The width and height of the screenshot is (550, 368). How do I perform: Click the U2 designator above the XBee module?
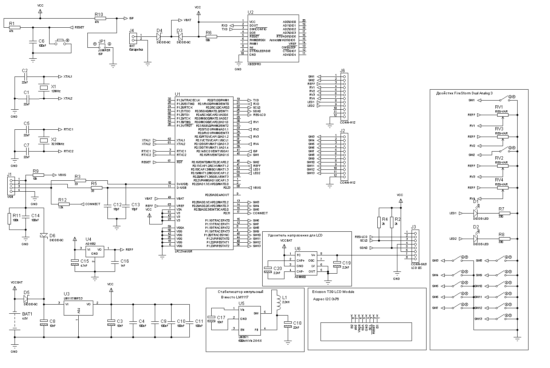tap(250, 12)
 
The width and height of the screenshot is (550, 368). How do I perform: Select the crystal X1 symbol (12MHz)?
tap(44, 87)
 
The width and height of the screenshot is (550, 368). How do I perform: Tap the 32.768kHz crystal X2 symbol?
tap(44, 140)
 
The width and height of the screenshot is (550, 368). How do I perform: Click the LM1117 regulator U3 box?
tap(79, 308)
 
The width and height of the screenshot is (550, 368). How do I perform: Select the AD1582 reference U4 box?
tap(94, 251)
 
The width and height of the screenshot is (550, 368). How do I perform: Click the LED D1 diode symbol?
tap(475, 213)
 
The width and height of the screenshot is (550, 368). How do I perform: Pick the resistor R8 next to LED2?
tap(504, 239)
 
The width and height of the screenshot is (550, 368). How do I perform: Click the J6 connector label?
tap(342, 71)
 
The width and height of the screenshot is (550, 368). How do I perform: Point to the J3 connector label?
tap(413, 227)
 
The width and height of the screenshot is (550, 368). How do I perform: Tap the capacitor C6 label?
tap(41, 41)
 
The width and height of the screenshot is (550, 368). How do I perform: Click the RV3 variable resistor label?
tap(499, 129)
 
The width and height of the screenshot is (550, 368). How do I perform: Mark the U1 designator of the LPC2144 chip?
tap(177, 94)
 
